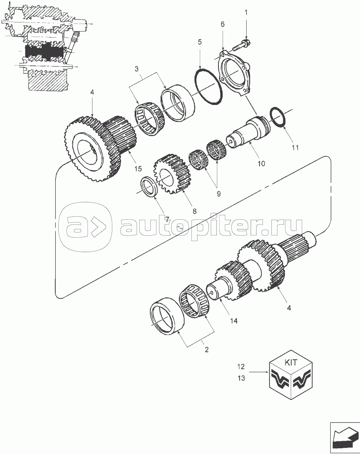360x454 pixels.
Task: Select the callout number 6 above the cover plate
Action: (x=222, y=24)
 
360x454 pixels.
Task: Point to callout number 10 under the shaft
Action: (x=261, y=164)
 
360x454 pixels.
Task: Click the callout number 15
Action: (x=138, y=168)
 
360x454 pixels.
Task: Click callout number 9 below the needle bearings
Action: (x=218, y=194)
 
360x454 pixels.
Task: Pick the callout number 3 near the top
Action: (x=137, y=69)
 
